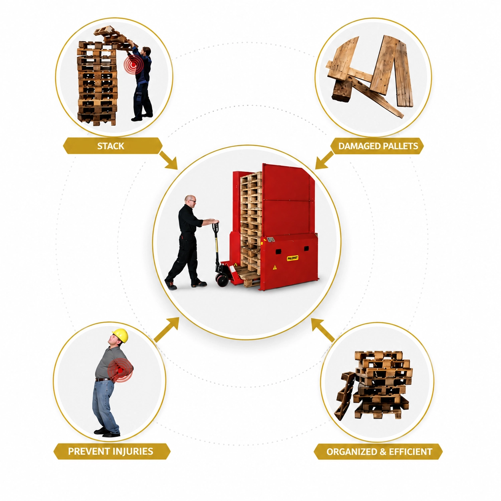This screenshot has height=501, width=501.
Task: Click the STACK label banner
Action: tap(113, 145)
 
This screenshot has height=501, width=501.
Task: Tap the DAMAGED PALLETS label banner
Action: tap(377, 146)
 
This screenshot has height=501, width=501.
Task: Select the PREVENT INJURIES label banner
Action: tap(112, 451)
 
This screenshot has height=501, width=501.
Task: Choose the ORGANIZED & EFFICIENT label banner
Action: tap(379, 451)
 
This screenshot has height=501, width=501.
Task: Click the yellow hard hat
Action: tap(120, 335)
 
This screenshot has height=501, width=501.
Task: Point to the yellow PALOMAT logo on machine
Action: tap(292, 258)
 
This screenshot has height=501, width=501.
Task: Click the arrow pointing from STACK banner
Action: tap(169, 160)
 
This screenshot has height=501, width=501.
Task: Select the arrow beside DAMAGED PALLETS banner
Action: tap(324, 160)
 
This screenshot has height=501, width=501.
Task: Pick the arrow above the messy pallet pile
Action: tap(323, 330)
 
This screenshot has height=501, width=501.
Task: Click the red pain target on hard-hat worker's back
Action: tap(120, 370)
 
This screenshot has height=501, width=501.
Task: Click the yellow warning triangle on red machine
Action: tap(274, 267)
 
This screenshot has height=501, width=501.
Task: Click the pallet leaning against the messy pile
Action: tap(344, 396)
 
